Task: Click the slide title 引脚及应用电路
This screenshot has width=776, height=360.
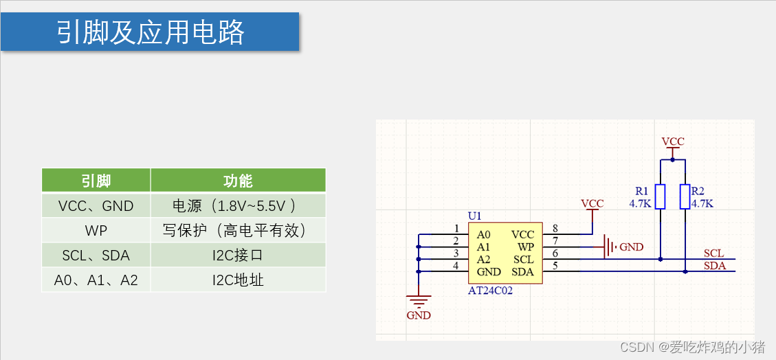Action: pos(150,32)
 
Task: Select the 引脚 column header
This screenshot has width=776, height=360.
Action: pos(96,181)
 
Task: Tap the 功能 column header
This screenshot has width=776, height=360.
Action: pos(238,181)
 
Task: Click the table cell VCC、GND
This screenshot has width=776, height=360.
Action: pos(96,205)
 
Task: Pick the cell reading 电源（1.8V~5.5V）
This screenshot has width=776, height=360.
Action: pos(238,205)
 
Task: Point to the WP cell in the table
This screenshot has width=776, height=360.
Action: pos(96,230)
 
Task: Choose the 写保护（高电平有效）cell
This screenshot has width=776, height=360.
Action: pos(238,230)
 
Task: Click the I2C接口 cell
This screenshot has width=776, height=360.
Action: pos(238,256)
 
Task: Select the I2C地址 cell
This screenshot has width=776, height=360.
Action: pos(238,280)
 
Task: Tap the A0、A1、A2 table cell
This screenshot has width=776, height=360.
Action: pos(96,280)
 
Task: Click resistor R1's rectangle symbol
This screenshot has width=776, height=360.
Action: pos(660,196)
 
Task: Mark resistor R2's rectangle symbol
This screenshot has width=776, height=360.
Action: pos(685,196)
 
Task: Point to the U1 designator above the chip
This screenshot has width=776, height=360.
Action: pos(475,216)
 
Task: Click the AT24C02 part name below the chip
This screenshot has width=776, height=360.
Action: pos(490,291)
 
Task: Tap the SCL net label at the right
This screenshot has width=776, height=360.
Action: pos(713,254)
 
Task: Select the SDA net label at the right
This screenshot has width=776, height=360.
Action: pos(714,266)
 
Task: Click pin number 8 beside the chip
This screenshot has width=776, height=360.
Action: pos(555,228)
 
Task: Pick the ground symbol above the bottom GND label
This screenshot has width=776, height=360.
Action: pos(418,300)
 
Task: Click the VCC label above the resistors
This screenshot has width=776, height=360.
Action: pos(673,142)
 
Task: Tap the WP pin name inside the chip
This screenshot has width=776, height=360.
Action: pos(525,247)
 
